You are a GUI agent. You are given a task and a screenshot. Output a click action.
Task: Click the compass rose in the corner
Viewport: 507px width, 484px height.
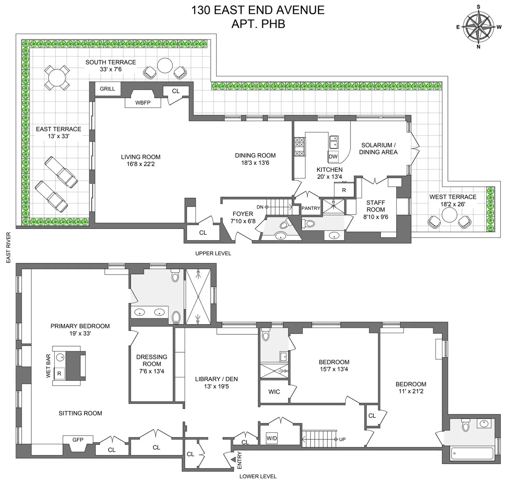(478, 27)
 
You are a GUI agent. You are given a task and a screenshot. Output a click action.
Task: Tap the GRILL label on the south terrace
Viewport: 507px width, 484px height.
(107, 89)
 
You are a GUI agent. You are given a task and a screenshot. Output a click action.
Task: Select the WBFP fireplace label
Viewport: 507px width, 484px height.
(143, 103)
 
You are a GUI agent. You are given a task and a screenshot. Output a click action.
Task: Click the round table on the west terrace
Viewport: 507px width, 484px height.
(449, 215)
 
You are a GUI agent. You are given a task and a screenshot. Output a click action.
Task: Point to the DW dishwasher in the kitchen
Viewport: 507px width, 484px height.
(333, 157)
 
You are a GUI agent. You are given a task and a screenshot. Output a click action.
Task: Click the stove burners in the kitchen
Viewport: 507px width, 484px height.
(299, 147)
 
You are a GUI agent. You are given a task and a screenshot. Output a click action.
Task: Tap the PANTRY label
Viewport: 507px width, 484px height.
(311, 208)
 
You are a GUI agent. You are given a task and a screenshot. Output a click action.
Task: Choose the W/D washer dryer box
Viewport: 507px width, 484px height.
(272, 439)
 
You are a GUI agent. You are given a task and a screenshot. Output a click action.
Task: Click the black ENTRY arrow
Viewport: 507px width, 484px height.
(233, 460)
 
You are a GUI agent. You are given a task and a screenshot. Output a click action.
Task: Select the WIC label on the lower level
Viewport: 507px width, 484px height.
(274, 392)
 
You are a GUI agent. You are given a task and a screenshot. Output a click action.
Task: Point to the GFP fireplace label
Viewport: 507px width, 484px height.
(78, 440)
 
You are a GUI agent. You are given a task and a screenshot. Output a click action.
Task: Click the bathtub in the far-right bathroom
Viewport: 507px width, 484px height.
(472, 453)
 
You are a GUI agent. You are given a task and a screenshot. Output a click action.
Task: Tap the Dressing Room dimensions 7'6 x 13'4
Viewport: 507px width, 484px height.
(152, 371)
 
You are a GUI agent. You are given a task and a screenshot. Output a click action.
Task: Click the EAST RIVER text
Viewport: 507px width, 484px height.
(8, 247)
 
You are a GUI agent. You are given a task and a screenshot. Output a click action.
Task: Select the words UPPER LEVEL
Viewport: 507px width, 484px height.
(213, 253)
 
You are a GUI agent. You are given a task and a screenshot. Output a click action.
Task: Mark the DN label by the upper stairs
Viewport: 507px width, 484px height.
(260, 207)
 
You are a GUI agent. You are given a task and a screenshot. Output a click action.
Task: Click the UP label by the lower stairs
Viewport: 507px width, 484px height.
(342, 439)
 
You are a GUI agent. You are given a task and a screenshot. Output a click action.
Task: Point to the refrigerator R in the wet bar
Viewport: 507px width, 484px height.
(59, 373)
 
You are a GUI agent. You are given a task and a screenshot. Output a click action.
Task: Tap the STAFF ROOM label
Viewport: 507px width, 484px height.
(376, 206)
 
